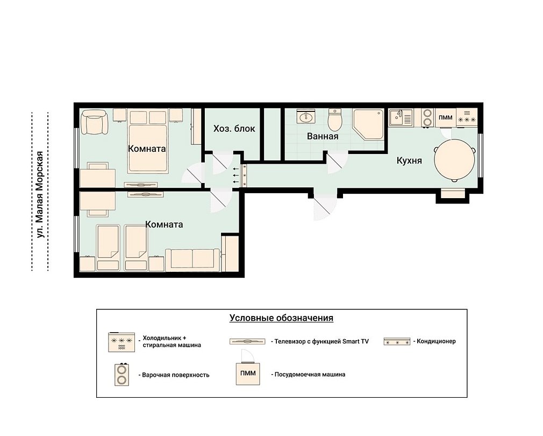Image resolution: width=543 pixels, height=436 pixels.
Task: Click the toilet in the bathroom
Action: [334, 118]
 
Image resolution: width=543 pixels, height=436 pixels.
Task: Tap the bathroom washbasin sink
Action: [305, 116]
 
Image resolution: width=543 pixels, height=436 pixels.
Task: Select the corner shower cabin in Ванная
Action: [368, 124]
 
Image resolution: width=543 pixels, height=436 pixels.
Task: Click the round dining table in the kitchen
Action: [454, 160]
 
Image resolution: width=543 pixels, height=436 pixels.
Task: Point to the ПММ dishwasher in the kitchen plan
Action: [445, 117]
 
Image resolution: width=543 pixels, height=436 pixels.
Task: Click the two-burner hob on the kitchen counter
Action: [428, 117]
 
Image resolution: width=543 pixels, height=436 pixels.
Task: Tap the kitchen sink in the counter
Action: [401, 117]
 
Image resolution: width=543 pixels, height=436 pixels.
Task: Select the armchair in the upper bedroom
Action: [94, 122]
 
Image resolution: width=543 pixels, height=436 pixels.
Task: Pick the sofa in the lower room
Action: [192, 259]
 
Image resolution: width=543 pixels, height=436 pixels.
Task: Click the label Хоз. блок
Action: [234, 129]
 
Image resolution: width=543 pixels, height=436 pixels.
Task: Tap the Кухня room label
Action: [409, 160]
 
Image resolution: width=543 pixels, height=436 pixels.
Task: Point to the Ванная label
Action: [323, 136]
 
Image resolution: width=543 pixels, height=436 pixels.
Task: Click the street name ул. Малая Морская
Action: [40, 194]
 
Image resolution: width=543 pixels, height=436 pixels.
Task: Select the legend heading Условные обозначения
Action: [281, 318]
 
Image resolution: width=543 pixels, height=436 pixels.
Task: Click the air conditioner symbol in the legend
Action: [397, 341]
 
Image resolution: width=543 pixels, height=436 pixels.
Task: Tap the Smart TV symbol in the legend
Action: [247, 341]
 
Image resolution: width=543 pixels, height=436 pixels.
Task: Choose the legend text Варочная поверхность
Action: [176, 375]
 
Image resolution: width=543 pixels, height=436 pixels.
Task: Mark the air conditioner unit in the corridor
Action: [244, 175]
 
